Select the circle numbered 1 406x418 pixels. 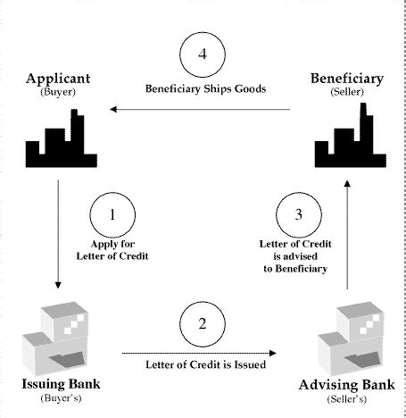pos(113,215)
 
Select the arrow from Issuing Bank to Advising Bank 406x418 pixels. pos(205,350)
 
